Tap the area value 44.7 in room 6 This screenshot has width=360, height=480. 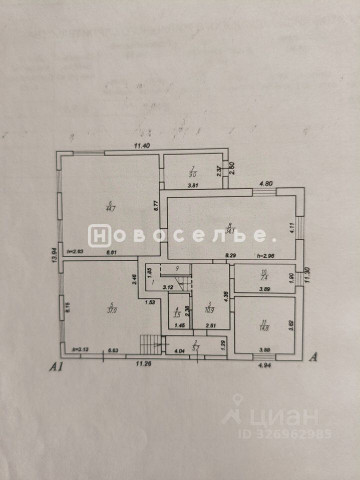pyautogui.click(x=110, y=209)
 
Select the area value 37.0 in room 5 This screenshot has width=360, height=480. pyautogui.click(x=111, y=309)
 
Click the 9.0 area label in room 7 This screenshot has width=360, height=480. pyautogui.click(x=192, y=174)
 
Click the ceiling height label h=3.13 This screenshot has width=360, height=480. pyautogui.click(x=80, y=350)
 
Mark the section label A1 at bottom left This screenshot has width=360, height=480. pyautogui.click(x=55, y=367)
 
